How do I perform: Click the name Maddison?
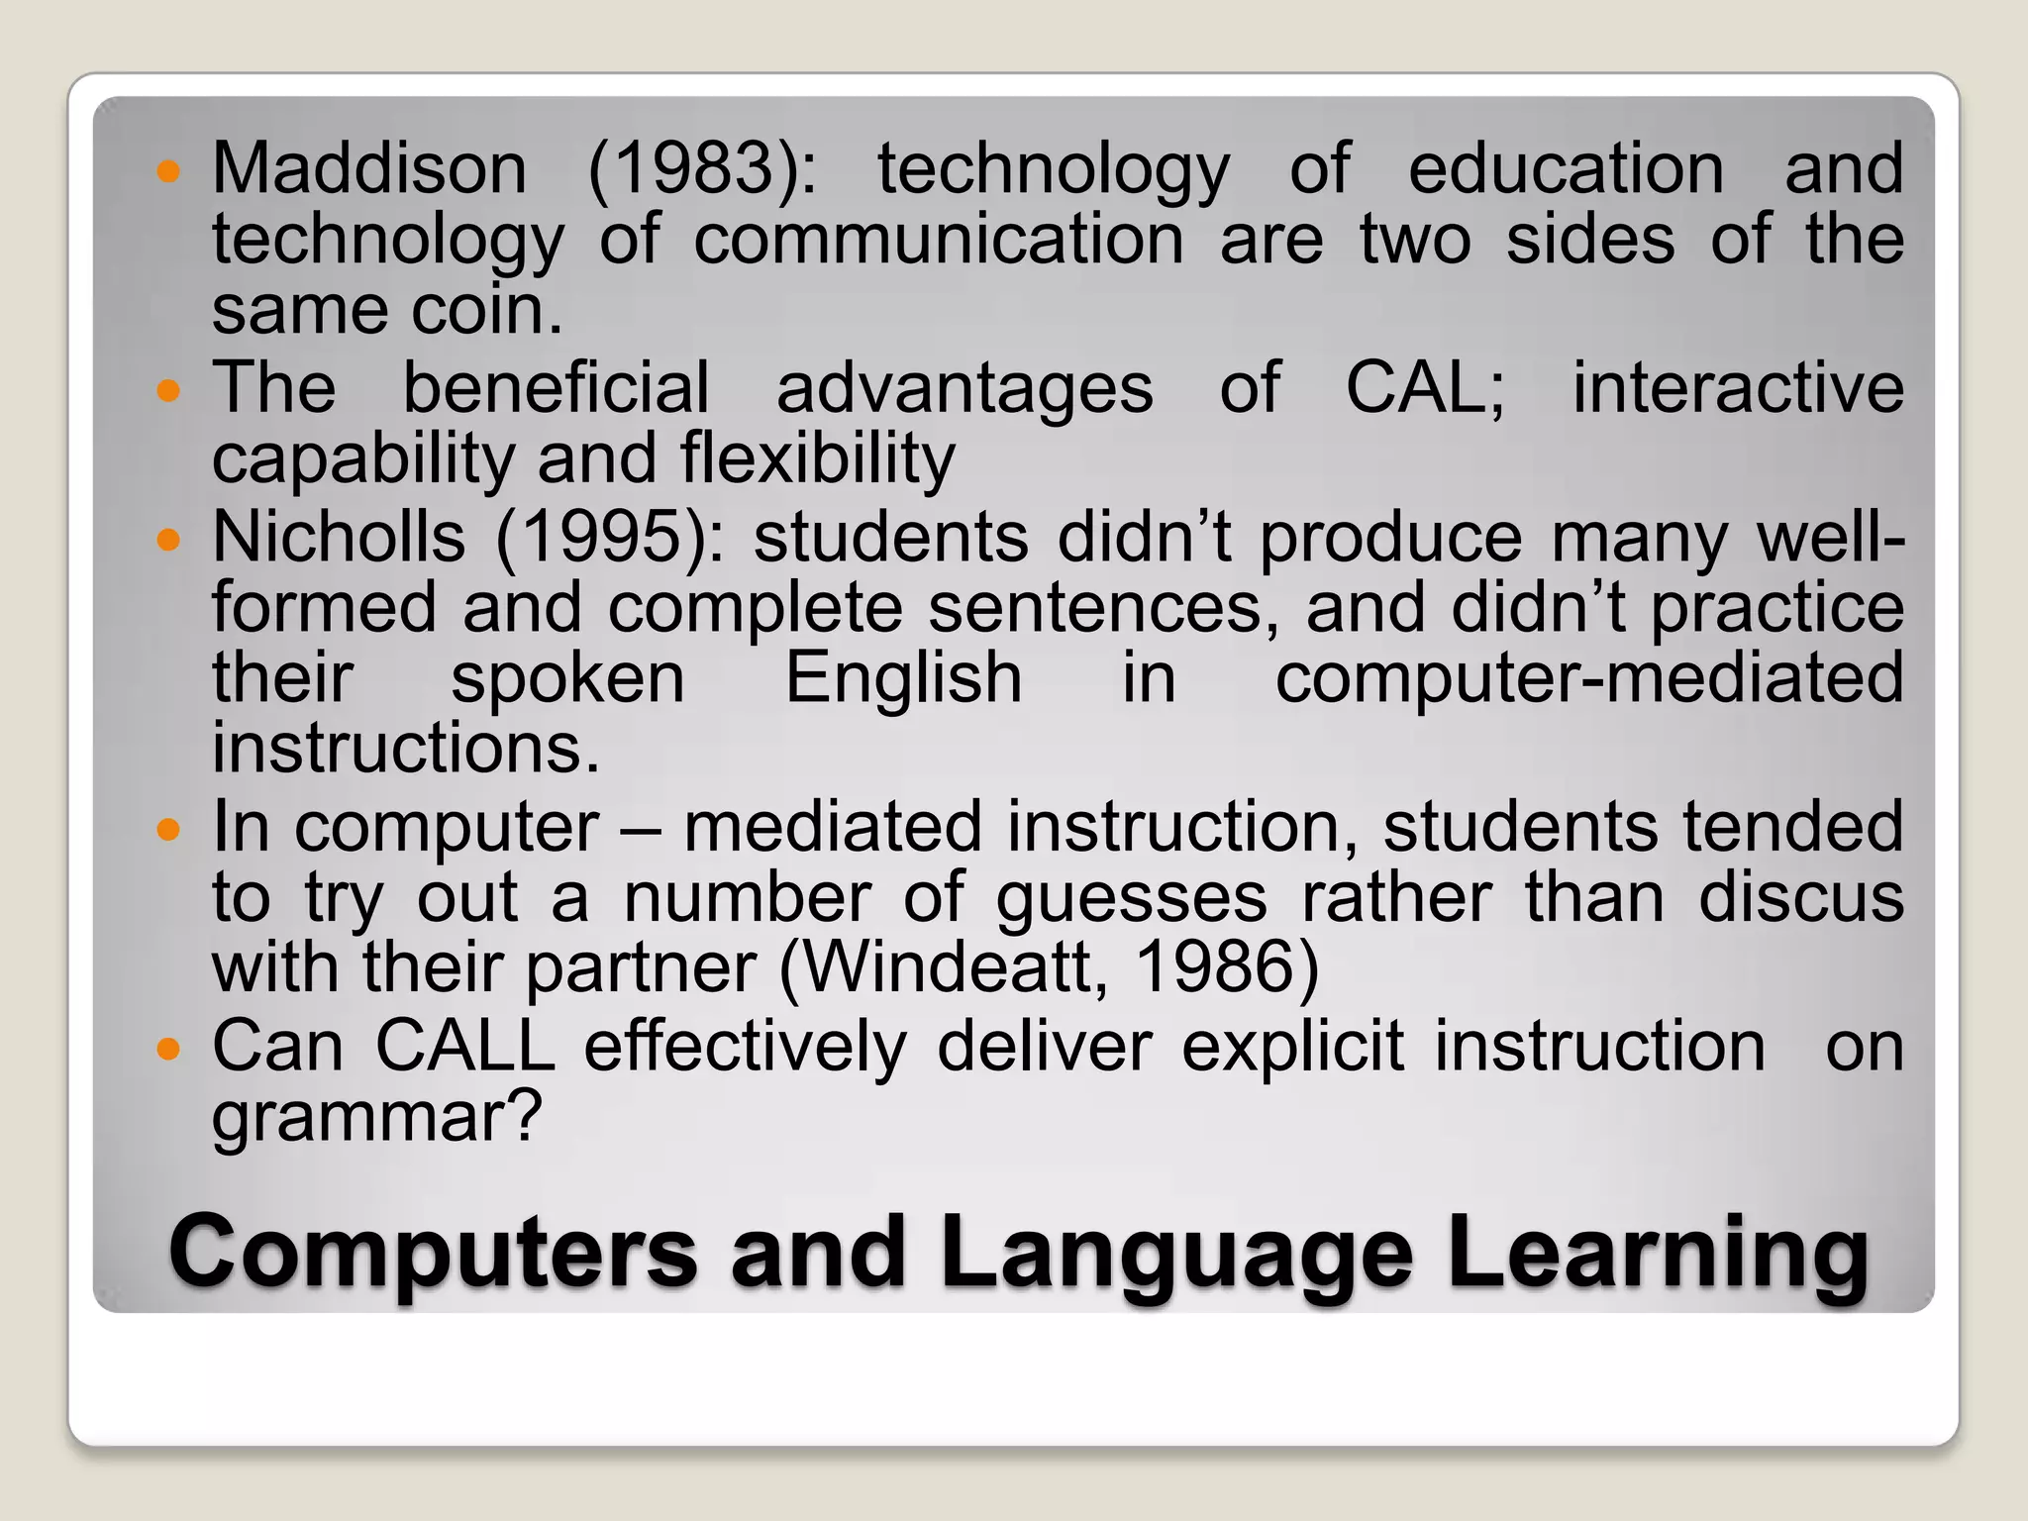pos(368,168)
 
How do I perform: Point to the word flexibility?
pos(817,459)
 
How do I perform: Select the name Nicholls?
pos(339,538)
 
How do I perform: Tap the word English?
pos(903,679)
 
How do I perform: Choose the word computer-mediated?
pos(1588,679)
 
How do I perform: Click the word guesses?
pos(1131,899)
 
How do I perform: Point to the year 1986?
pos(1226,967)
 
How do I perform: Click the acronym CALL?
pos(464,1046)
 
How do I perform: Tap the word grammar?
pos(377,1117)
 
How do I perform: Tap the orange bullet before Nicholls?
pos(169,541)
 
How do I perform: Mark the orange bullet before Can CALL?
pos(169,1049)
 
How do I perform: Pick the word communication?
pos(938,241)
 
